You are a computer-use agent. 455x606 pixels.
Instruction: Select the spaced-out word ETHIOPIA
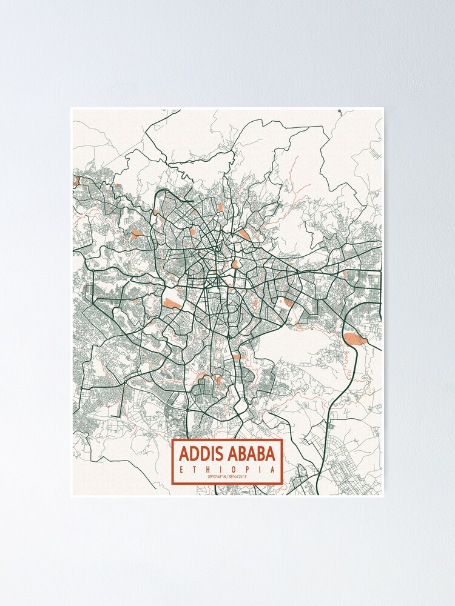227,470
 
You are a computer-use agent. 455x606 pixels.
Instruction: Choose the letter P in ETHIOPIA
240,470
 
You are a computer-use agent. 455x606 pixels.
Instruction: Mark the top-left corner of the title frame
173,440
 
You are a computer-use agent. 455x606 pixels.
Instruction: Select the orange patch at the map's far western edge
76,181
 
